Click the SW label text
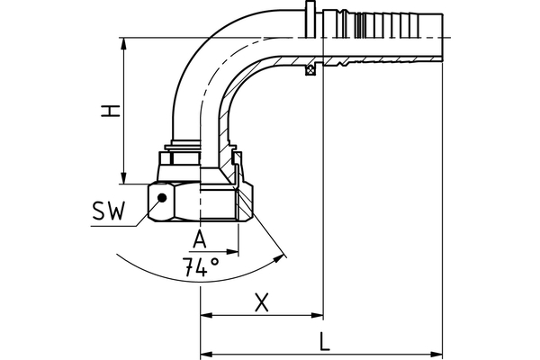pyautogui.click(x=109, y=212)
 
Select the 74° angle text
pyautogui.click(x=201, y=267)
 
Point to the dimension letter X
pyautogui.click(x=262, y=303)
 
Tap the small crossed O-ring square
pyautogui.click(x=310, y=71)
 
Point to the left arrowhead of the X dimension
pyautogui.click(x=204, y=316)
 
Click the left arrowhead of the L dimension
pyautogui.click(x=204, y=351)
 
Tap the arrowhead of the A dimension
pyautogui.click(x=233, y=250)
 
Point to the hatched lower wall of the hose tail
pyautogui.click(x=378, y=64)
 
